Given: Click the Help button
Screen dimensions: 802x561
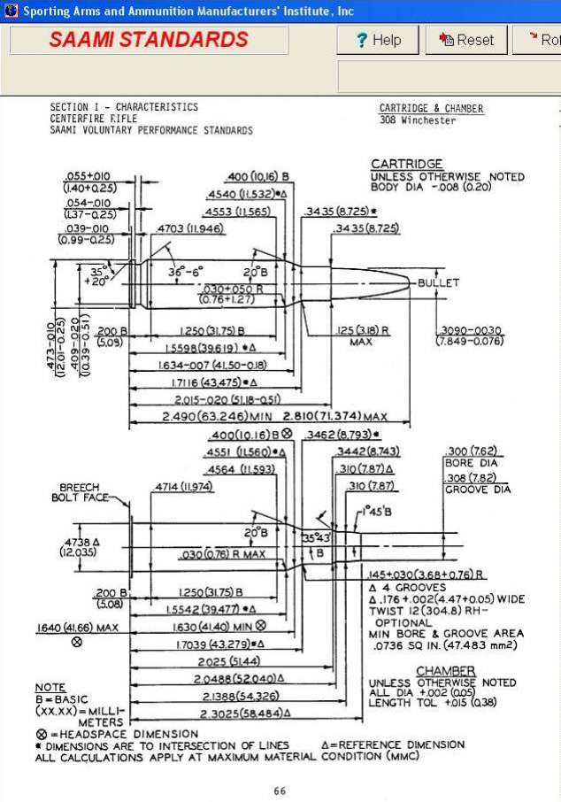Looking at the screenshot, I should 378,40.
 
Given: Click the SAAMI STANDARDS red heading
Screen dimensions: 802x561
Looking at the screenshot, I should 149,40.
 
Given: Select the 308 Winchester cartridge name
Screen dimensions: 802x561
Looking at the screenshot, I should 418,120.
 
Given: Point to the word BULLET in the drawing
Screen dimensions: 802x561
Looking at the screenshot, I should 439,282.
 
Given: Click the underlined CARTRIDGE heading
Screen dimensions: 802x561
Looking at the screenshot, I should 406,165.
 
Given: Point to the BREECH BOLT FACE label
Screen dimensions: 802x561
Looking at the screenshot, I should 85,492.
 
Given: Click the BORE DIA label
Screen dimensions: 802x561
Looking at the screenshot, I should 471,463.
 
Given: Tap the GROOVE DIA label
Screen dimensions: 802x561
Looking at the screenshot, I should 478,490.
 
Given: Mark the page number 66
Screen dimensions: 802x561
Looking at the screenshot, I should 280,790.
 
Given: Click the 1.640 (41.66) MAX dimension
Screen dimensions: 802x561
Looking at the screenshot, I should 77,628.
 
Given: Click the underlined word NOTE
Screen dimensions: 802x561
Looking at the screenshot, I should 50,688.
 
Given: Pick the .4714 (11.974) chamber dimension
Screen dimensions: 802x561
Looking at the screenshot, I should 184,487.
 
